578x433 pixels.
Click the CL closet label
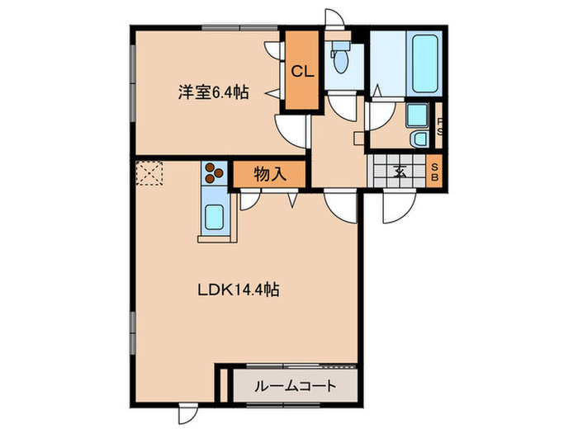301,72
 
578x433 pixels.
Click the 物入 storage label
269,174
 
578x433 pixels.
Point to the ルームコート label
295,386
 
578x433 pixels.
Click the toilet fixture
339,59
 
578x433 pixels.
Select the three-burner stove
215,173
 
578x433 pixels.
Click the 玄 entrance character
400,172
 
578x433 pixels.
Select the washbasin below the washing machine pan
418,138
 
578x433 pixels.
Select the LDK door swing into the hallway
340,203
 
